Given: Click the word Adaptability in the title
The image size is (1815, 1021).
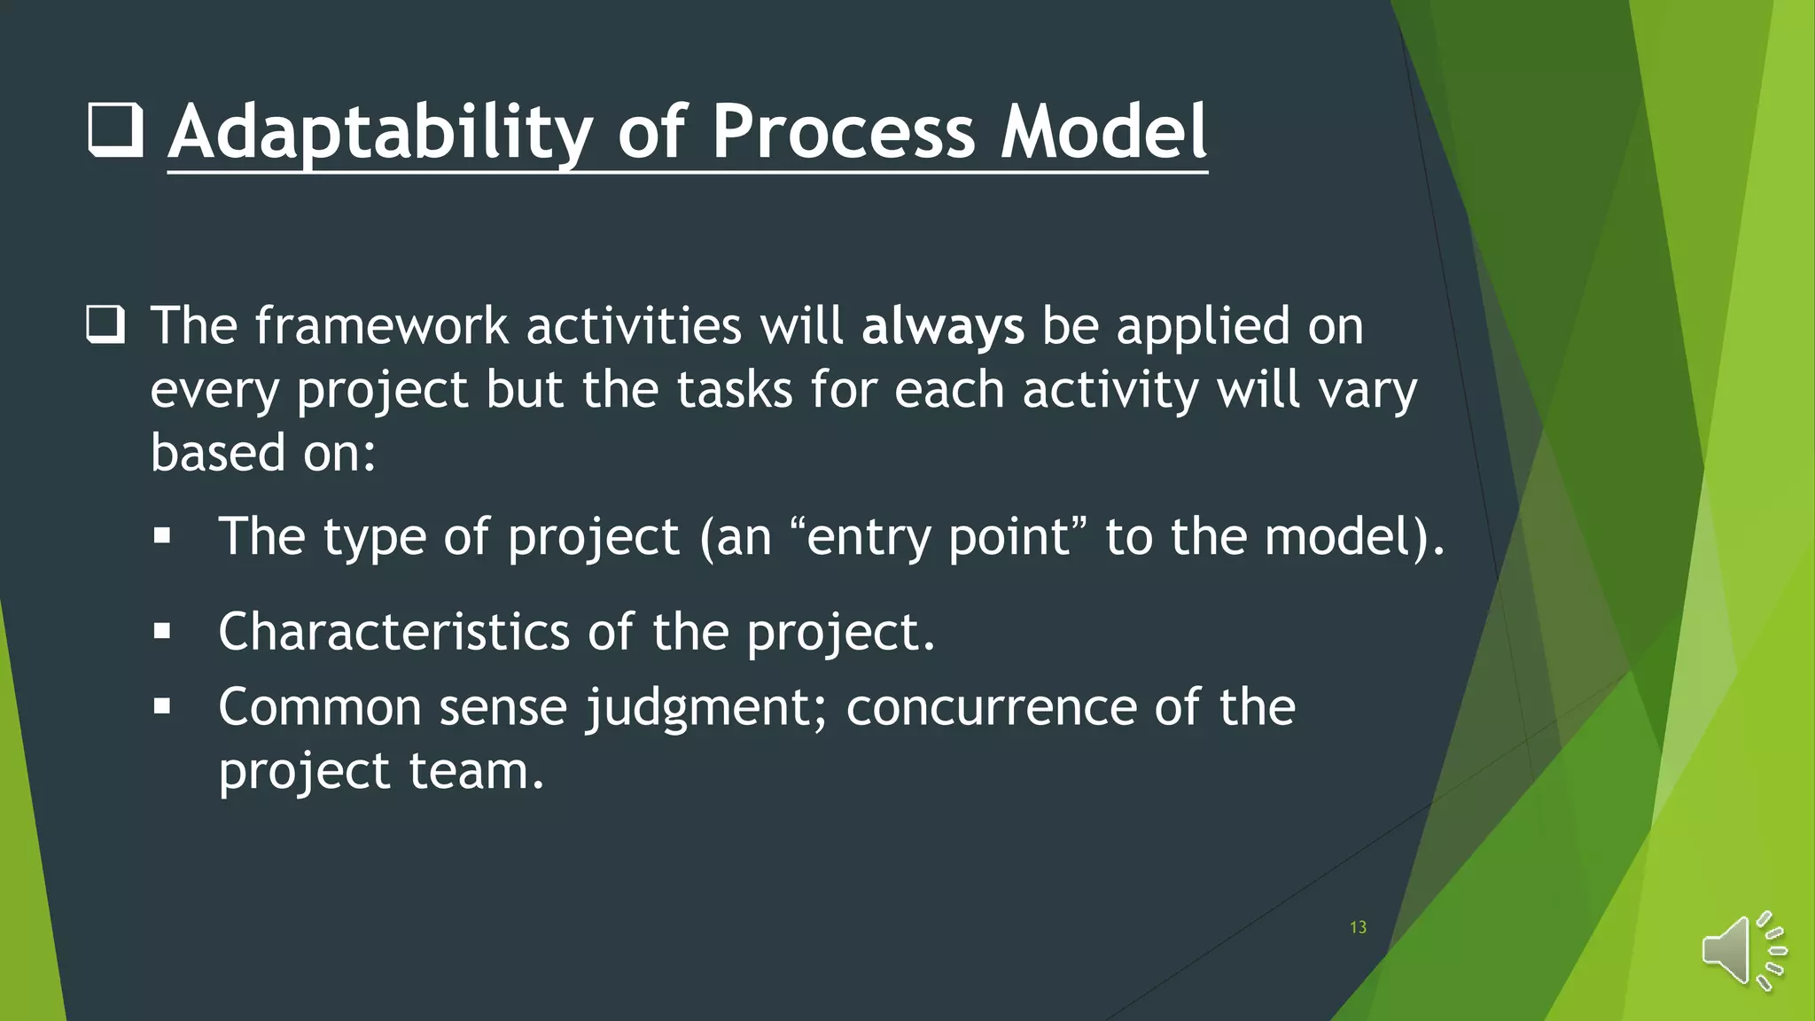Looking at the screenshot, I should pos(379,133).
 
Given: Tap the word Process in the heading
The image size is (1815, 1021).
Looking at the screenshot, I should pos(843,133).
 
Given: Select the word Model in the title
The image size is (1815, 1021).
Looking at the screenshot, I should pos(1103,133).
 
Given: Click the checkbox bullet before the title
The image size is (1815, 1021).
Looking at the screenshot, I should pos(116,130).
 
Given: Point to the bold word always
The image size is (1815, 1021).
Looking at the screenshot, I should pos(942,326).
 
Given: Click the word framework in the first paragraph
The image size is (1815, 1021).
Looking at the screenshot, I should pos(381,326).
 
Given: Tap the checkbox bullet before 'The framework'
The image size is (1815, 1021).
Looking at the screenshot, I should pos(105,325).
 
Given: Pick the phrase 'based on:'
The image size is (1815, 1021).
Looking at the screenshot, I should pos(263,454).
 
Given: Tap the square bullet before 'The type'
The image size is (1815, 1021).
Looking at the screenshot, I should pos(161,536).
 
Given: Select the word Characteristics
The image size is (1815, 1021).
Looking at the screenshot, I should pos(393,632).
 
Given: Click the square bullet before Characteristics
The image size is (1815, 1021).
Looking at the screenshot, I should pos(161,632).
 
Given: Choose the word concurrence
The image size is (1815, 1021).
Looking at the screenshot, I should pos(991,708).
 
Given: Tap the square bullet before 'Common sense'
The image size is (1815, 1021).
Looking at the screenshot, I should pos(161,707).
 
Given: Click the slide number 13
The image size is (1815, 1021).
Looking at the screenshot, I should pos(1358,927).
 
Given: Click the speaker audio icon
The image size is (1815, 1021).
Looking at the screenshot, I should pos(1742,951).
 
